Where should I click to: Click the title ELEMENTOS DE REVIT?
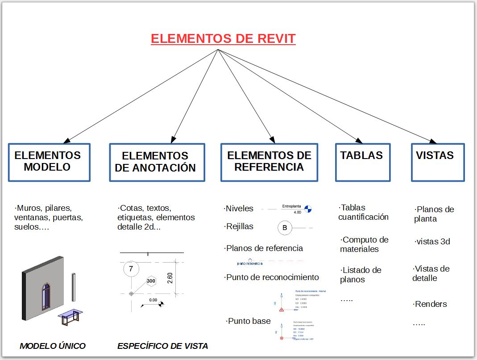point(223,39)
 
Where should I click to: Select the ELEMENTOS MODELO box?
point(49,162)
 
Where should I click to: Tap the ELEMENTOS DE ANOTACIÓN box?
point(157,162)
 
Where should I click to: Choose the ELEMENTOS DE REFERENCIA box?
point(269,162)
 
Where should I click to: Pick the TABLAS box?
point(362,162)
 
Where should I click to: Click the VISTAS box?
point(437,162)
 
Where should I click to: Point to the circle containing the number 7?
point(131,269)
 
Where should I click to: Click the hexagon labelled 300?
point(151,281)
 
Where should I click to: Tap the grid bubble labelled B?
point(285,228)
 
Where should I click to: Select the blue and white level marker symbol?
point(308,208)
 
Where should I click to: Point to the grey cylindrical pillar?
point(74,288)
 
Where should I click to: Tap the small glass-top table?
point(70,317)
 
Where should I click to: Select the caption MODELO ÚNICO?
point(53,346)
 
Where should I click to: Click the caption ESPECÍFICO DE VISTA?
point(162,346)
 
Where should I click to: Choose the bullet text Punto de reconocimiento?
point(272,277)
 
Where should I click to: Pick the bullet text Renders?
point(431,304)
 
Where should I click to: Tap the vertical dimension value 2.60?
point(170,277)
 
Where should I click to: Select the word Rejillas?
point(240,226)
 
